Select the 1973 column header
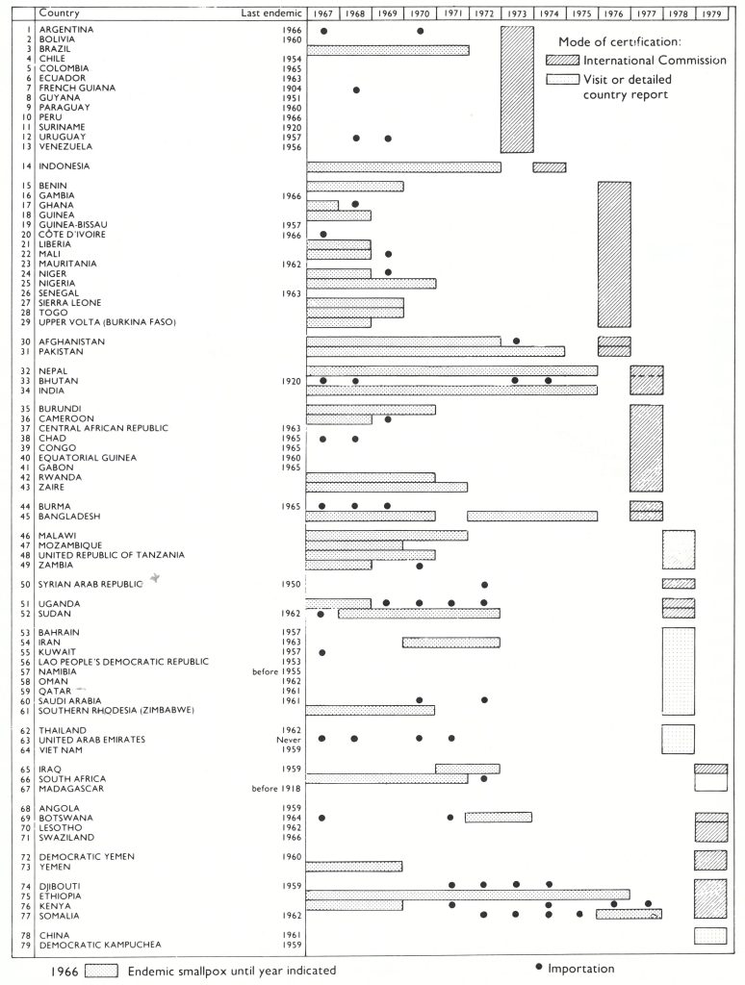[x=517, y=13]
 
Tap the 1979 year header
[x=711, y=13]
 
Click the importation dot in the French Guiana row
[x=356, y=89]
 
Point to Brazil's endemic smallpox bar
[x=388, y=50]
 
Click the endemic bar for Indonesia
[x=403, y=167]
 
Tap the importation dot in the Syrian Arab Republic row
[x=484, y=584]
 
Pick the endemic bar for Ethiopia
[x=468, y=895]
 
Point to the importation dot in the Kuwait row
[x=322, y=652]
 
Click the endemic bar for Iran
[x=451, y=643]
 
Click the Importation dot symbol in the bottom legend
[x=539, y=968]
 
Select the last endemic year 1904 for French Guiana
[x=292, y=88]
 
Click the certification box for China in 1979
[x=710, y=935]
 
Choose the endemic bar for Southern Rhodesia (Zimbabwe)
[x=371, y=710]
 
